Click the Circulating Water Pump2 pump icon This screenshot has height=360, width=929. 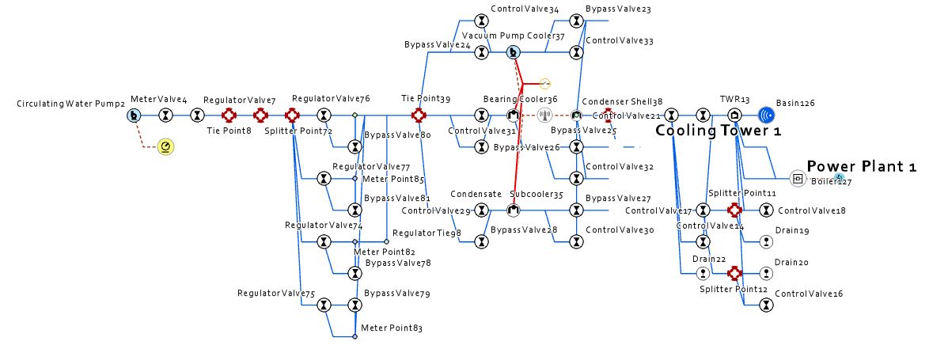point(134,116)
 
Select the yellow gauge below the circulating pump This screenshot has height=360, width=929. point(165,146)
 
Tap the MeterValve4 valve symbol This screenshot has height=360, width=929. point(165,116)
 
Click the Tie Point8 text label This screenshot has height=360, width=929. point(229,130)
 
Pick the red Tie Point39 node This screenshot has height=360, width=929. point(419,116)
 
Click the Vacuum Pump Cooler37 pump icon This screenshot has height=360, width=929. point(514,53)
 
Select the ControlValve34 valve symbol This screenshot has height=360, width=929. point(482,21)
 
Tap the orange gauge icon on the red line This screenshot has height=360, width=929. point(544,83)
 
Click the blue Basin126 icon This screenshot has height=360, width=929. point(765,116)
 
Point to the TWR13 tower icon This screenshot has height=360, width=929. point(734,116)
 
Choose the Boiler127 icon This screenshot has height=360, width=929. point(797,179)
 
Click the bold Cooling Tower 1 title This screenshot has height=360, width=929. point(719,131)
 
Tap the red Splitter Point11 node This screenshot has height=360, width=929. point(734,210)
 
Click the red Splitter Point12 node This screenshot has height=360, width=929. point(734,273)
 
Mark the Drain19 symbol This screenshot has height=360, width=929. point(765,242)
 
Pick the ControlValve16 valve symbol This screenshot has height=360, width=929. point(765,305)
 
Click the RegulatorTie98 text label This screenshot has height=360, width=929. point(427,233)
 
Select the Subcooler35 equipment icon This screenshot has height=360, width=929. point(514,210)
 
